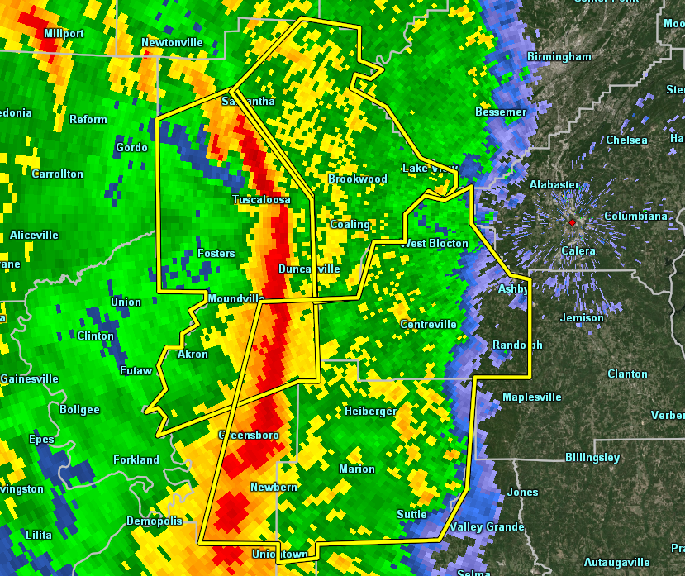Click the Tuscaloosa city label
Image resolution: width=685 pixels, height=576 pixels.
(261, 200)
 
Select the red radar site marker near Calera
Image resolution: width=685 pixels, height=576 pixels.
(572, 222)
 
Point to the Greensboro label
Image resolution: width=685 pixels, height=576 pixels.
(249, 435)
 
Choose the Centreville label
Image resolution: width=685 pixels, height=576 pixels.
(428, 325)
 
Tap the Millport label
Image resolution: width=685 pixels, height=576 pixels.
(64, 33)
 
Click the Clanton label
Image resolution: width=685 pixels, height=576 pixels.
(627, 374)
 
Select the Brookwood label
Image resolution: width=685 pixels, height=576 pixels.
(358, 179)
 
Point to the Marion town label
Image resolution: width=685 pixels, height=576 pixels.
(357, 469)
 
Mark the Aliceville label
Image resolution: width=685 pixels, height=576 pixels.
(34, 236)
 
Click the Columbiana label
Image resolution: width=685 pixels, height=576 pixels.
(635, 217)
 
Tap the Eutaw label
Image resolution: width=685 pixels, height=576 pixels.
(136, 371)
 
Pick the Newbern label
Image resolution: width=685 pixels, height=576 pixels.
(274, 488)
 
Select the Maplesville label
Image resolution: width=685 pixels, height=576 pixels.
(532, 397)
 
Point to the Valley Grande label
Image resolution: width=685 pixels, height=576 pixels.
(487, 527)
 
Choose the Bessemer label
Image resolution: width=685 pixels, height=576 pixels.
(501, 112)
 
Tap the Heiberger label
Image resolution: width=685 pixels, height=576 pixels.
(371, 411)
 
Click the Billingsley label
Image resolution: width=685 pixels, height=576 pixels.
(592, 457)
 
